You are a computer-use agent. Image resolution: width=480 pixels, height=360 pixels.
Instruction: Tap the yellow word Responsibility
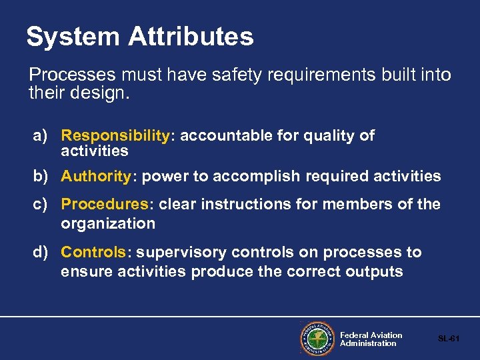tap(115, 136)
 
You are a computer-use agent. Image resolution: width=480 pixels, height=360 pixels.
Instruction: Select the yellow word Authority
tap(96, 177)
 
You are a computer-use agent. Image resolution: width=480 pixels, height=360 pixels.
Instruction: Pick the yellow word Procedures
tap(104, 204)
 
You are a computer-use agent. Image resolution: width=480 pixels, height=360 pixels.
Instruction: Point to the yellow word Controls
tap(93, 253)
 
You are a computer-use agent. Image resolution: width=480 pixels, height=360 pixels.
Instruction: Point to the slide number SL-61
tap(449, 339)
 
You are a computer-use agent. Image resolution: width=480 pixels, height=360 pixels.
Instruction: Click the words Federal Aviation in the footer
tap(371, 335)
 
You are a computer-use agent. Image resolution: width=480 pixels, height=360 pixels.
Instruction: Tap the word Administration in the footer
tap(368, 343)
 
